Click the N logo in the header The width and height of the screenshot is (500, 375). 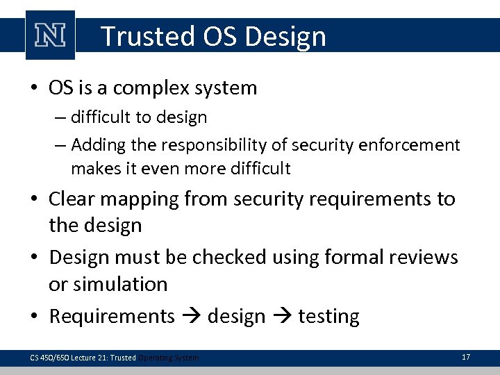point(50,35)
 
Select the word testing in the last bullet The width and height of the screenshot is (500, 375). point(328,317)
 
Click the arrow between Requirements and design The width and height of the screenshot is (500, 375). point(192,317)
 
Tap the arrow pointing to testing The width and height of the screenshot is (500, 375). point(282,317)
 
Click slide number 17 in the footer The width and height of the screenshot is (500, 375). point(465,357)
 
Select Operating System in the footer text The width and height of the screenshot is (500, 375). point(168,358)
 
